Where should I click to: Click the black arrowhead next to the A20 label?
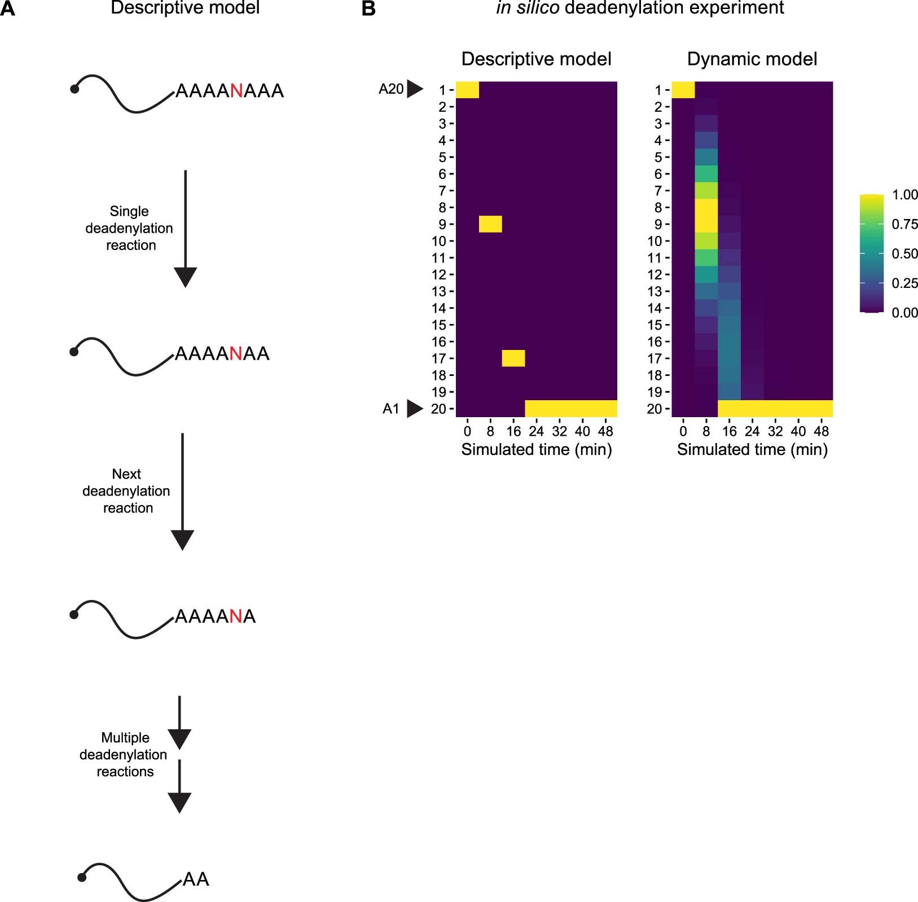pyautogui.click(x=415, y=89)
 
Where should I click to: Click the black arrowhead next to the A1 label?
pyautogui.click(x=415, y=409)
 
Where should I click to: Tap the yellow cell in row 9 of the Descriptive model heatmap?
pyautogui.click(x=490, y=224)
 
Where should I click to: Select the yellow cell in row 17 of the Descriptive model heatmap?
pyautogui.click(x=513, y=358)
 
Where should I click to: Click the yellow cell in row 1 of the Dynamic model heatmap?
pyautogui.click(x=683, y=90)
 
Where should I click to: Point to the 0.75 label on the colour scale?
pyautogui.click(x=904, y=224)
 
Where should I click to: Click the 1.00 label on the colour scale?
pyautogui.click(x=904, y=195)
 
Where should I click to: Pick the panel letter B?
pyautogui.click(x=368, y=9)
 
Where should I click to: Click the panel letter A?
pyautogui.click(x=8, y=9)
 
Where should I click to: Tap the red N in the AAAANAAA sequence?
pyautogui.click(x=236, y=91)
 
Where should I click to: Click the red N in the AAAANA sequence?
pyautogui.click(x=236, y=616)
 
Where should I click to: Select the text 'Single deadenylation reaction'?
pyautogui.click(x=129, y=228)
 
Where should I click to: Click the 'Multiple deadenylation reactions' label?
pyautogui.click(x=124, y=755)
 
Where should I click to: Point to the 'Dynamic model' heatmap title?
pyautogui.click(x=752, y=59)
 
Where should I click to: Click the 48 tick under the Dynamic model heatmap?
pyautogui.click(x=821, y=431)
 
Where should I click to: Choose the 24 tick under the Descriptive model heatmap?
pyautogui.click(x=536, y=431)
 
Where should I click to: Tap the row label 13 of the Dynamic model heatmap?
pyautogui.click(x=655, y=291)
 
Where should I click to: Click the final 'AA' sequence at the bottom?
pyautogui.click(x=196, y=879)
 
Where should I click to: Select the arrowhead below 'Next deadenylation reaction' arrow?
pyautogui.click(x=182, y=540)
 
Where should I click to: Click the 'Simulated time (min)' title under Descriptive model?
pyautogui.click(x=536, y=449)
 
